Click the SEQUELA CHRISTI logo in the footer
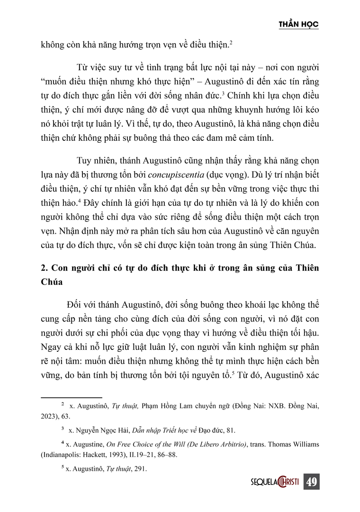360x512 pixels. click(x=275, y=483)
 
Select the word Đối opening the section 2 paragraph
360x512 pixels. click(x=76, y=304)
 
